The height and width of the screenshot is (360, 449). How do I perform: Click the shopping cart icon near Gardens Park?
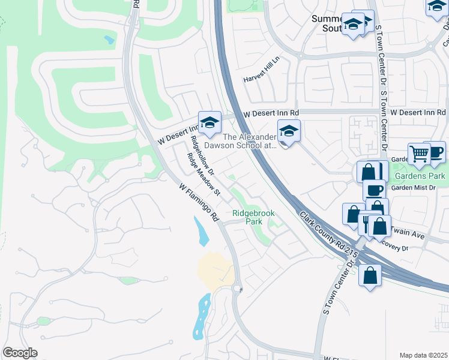pos(419,154)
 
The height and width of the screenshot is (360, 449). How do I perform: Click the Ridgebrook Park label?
pos(247,217)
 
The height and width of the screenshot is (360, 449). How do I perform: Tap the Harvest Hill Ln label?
pos(262,79)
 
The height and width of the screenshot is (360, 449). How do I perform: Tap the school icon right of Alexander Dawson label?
pos(289,131)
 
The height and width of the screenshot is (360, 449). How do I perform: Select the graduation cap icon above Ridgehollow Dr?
pos(209,122)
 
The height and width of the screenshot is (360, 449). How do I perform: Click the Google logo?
pos(20,353)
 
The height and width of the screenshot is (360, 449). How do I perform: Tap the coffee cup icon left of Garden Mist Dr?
pos(373,190)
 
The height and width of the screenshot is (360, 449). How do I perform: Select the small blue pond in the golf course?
pos(109,40)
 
